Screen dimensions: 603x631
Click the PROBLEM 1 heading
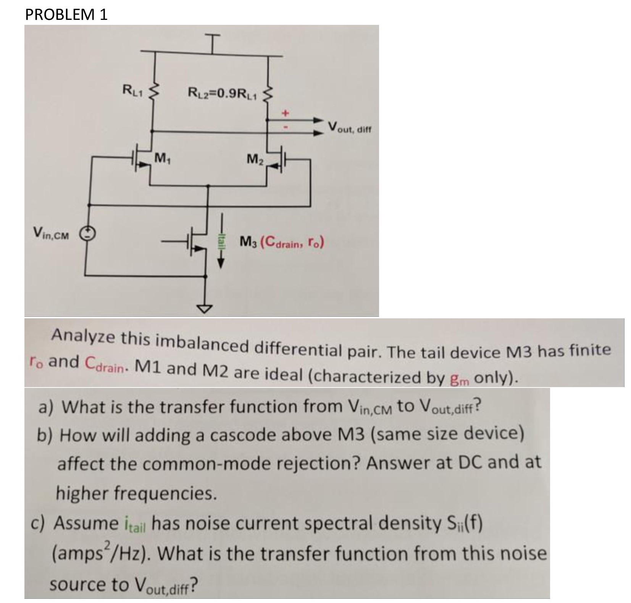pyautogui.click(x=66, y=15)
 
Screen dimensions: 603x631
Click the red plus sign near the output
pyautogui.click(x=285, y=113)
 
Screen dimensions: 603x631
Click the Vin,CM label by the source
pyautogui.click(x=51, y=233)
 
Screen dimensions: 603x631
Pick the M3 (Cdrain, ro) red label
pyautogui.click(x=282, y=242)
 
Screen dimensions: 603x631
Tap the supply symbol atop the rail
pyautogui.click(x=214, y=39)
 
